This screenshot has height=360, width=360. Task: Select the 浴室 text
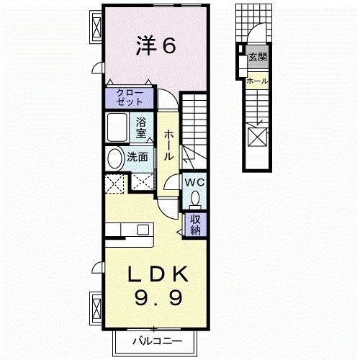tap(141, 127)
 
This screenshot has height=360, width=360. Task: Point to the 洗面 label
tap(138, 157)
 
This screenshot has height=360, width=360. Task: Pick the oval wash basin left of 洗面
tap(114, 158)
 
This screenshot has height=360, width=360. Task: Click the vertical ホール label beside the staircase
tap(167, 144)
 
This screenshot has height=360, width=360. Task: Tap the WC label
tap(195, 183)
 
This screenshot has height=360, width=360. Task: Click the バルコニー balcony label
tap(154, 341)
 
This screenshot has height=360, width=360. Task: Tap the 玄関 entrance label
tap(256, 56)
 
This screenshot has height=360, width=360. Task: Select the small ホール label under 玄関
tap(256, 81)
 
